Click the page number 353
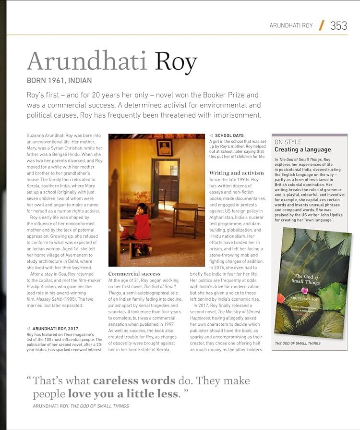coord(338,25)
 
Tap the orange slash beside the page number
coord(321,25)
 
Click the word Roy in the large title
coord(176,62)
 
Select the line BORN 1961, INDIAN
coord(59,81)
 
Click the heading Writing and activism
coord(236,173)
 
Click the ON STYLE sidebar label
coord(288,142)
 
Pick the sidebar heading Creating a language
coord(302,150)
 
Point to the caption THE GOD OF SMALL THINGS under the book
coord(298,344)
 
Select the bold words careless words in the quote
coord(134,381)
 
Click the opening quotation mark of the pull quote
coord(29,380)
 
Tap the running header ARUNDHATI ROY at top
coord(291,25)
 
